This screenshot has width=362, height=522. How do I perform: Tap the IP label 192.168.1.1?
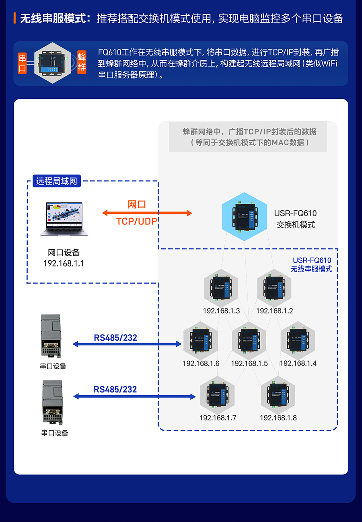64,263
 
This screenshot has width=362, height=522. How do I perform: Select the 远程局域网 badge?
56,181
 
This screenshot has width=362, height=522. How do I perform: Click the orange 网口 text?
137,204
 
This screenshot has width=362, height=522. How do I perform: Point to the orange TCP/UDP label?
137,221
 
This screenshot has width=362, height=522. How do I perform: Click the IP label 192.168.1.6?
201,363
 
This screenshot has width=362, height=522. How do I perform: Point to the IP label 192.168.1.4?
298,363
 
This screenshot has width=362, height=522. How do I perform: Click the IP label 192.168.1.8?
278,418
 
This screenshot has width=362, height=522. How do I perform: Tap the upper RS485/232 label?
115,337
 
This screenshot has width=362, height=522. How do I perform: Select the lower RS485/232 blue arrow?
134,397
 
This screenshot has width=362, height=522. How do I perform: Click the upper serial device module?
51,336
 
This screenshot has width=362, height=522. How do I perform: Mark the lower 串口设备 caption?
55,433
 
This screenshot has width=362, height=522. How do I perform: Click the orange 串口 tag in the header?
23,64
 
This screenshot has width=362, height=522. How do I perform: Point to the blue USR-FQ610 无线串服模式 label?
312,265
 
